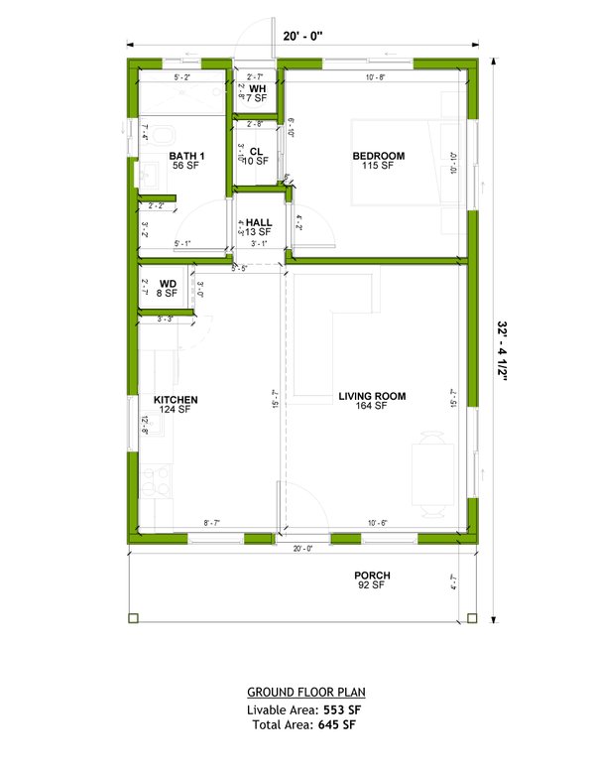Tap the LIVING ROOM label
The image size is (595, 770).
click(372, 397)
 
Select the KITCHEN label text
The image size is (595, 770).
click(176, 400)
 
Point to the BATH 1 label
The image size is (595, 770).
click(186, 156)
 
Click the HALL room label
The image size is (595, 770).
click(259, 223)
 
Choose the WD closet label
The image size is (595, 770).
click(168, 284)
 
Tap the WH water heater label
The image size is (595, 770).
click(257, 89)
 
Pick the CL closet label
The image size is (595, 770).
click(256, 151)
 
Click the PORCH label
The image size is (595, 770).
click(373, 576)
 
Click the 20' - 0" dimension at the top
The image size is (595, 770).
click(303, 36)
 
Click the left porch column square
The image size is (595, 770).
click(132, 618)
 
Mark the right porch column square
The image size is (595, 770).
click(472, 618)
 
